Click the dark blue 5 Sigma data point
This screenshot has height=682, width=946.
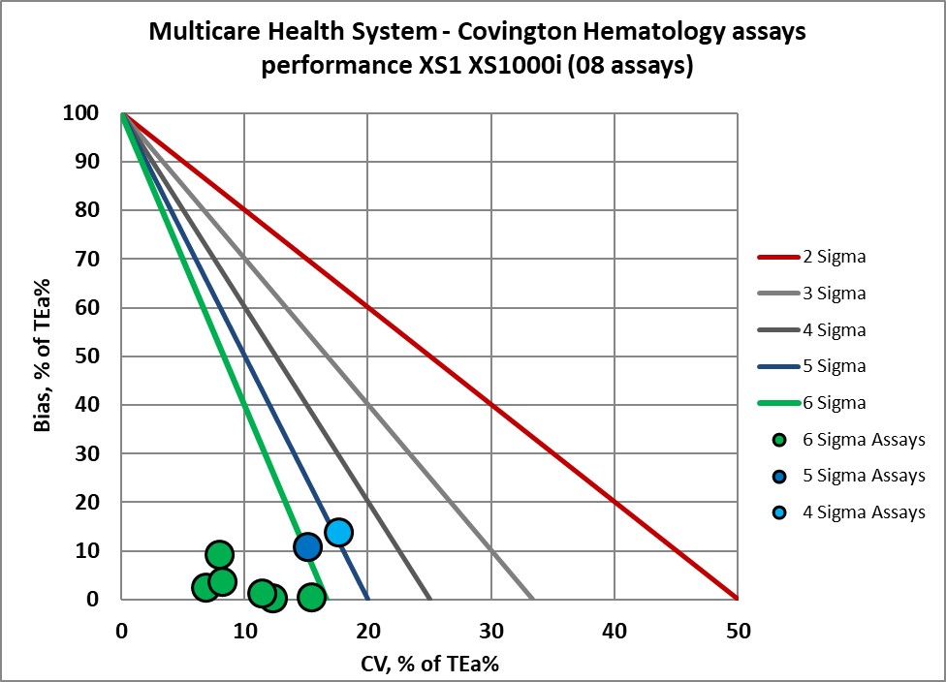click(x=307, y=547)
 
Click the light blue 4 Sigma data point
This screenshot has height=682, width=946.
click(x=338, y=532)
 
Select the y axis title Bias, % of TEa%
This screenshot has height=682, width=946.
click(x=46, y=356)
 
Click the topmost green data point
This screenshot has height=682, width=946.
click(x=220, y=554)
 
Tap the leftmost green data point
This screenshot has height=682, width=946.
click(x=205, y=587)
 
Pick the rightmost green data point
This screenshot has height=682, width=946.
click(x=311, y=597)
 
